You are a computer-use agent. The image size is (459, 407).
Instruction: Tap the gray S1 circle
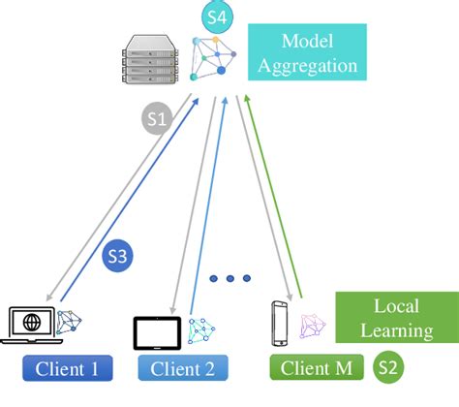point(158,119)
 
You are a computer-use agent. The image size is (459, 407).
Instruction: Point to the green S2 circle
point(387,367)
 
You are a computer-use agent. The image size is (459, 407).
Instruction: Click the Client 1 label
point(69,368)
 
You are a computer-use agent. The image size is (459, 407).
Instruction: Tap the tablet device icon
point(158,330)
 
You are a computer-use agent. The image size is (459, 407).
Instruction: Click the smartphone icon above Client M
point(279,323)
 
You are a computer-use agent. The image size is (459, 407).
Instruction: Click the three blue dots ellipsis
point(230,279)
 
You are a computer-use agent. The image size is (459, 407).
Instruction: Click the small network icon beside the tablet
point(201,330)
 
